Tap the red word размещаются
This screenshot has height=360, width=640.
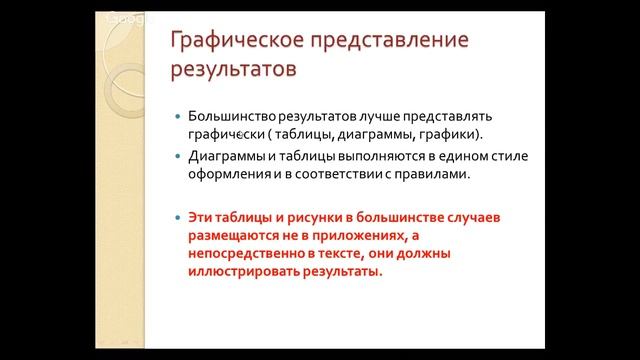click(233, 236)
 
